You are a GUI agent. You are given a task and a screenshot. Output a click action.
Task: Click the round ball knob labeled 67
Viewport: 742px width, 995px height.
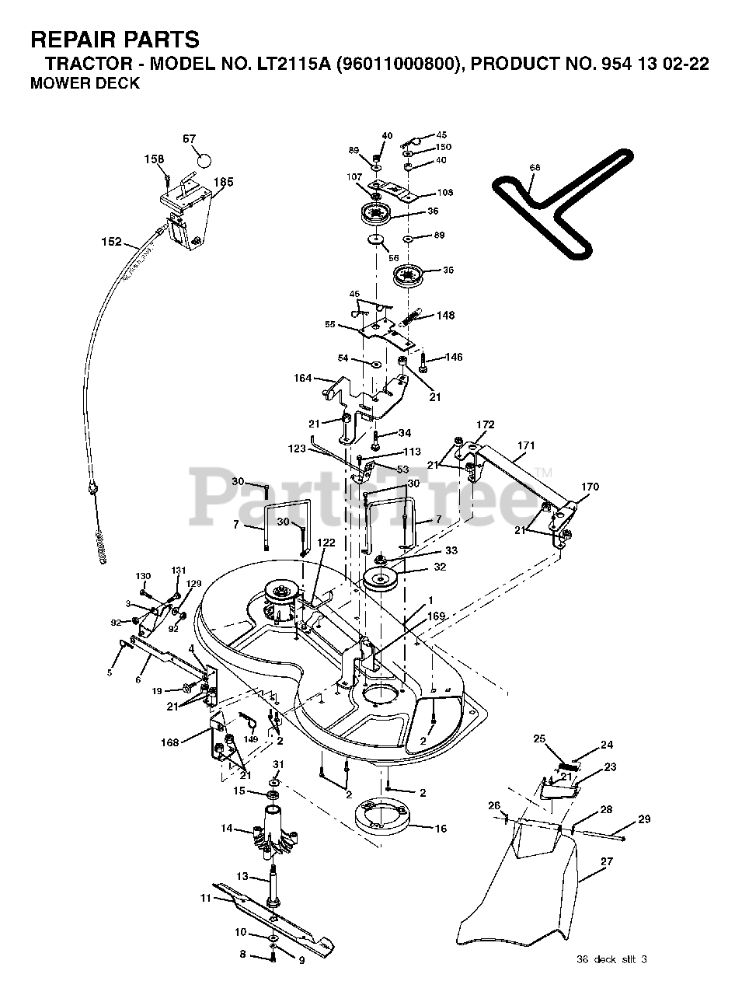pos(204,160)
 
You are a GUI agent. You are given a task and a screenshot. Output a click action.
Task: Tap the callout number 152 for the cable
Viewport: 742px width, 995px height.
pos(112,242)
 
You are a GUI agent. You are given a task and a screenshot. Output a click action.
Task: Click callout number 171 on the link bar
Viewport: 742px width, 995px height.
pos(526,445)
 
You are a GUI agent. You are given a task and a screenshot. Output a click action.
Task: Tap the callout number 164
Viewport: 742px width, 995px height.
pos(303,379)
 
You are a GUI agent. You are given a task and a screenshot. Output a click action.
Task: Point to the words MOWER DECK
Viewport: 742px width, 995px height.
pos(85,84)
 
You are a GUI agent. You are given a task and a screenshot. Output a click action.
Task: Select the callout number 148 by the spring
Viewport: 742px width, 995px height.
pos(446,316)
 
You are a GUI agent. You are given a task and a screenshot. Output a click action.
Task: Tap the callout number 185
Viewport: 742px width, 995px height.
pos(224,182)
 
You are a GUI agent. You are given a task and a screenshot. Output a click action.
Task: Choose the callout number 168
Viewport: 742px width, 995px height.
pos(169,742)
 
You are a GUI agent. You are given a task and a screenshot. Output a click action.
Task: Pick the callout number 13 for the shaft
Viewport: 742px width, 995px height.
pos(242,876)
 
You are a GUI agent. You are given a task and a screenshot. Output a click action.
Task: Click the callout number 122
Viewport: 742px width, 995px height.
pos(326,543)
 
